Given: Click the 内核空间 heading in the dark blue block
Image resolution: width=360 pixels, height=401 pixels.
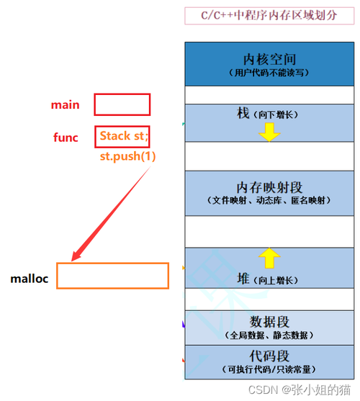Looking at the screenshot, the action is pyautogui.click(x=269, y=59).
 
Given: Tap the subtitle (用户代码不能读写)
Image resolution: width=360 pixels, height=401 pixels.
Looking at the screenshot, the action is pyautogui.click(x=269, y=73).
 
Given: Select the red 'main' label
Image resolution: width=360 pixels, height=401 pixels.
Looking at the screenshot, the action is pyautogui.click(x=66, y=105).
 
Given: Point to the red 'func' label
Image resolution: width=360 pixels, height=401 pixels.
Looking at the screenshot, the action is pyautogui.click(x=66, y=138).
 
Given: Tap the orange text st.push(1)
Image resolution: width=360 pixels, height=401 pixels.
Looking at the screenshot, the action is pyautogui.click(x=127, y=156).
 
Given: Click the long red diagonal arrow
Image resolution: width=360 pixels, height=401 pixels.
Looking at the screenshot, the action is pyautogui.click(x=111, y=214).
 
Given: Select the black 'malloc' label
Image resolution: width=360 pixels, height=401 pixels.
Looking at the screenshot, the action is pyautogui.click(x=29, y=279).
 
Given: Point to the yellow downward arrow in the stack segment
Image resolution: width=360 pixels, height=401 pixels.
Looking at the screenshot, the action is pyautogui.click(x=269, y=132).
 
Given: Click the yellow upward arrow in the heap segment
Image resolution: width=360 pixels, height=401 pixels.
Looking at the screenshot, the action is pyautogui.click(x=269, y=258).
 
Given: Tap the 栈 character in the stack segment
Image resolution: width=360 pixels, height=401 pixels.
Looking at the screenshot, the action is pyautogui.click(x=243, y=113).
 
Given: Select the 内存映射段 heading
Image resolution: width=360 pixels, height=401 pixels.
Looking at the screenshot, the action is pyautogui.click(x=269, y=187).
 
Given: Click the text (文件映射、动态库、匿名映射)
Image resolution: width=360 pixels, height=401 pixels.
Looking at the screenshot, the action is pyautogui.click(x=269, y=200).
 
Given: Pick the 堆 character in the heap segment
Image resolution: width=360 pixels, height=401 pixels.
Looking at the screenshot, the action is pyautogui.click(x=243, y=279).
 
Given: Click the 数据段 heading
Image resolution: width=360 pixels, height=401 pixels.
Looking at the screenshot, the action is pyautogui.click(x=269, y=322).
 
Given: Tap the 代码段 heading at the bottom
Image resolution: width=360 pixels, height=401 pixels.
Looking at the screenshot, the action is pyautogui.click(x=269, y=356).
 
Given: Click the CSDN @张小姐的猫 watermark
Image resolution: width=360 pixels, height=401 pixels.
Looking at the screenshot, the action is pyautogui.click(x=300, y=390).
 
